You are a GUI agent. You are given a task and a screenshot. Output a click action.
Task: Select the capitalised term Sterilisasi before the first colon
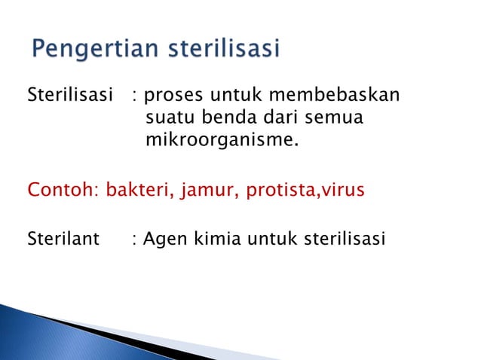tap(64, 96)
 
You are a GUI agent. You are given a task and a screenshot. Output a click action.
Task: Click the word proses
tap(170, 96)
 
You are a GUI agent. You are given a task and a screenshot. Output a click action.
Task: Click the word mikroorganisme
tap(221, 139)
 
